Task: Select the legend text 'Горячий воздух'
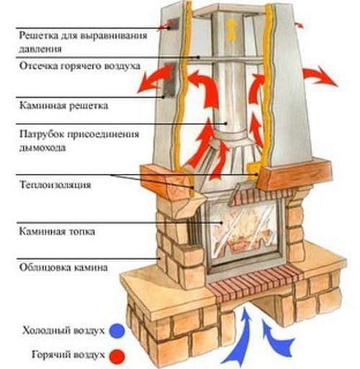[x=69, y=355]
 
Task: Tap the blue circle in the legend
[x=117, y=330]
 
